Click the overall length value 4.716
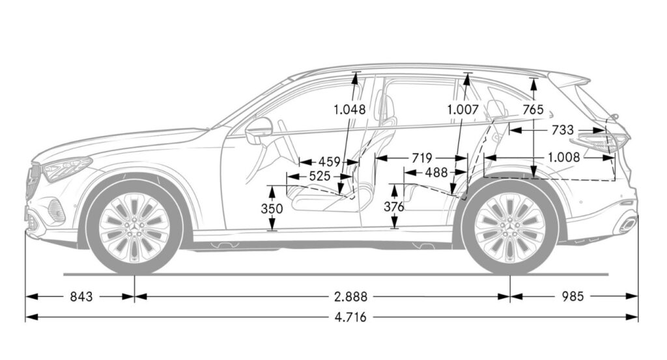(x=350, y=317)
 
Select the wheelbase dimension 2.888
(x=350, y=296)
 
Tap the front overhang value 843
(x=81, y=296)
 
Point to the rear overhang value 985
(x=573, y=296)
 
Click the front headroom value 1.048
(x=349, y=109)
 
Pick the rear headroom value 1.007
(x=463, y=109)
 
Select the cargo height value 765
(x=533, y=109)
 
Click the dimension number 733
(x=562, y=130)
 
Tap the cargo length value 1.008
(x=564, y=158)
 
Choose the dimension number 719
(x=421, y=158)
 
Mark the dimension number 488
(x=436, y=172)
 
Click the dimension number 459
(x=330, y=162)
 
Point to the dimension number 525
(x=319, y=176)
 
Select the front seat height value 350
(x=272, y=209)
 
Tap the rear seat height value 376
(x=394, y=207)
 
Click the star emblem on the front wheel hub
(x=135, y=230)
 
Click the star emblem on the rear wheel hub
(x=510, y=230)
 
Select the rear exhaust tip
(x=628, y=224)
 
